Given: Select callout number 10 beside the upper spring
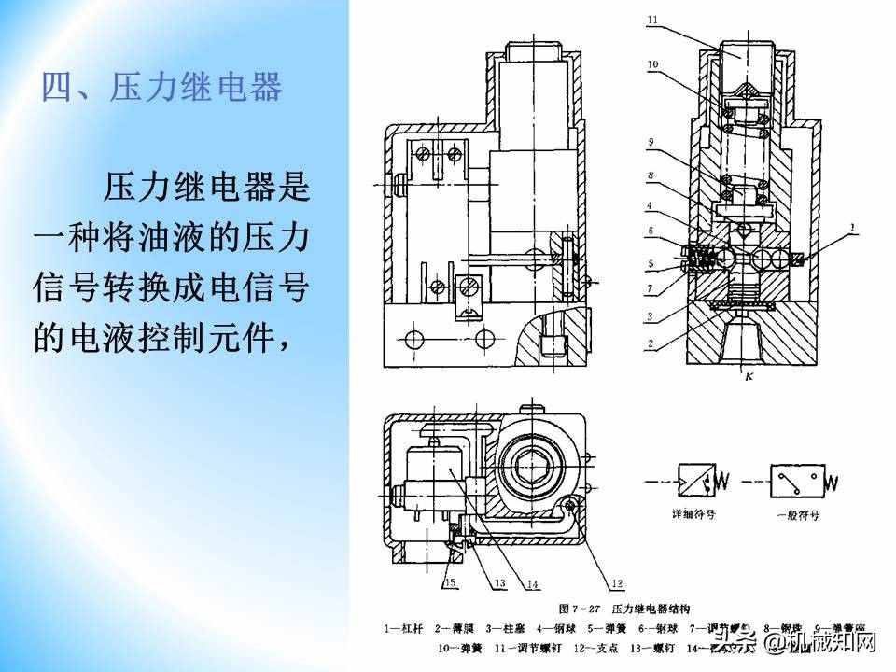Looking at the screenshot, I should click(x=654, y=64).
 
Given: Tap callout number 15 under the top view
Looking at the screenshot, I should click(x=451, y=583).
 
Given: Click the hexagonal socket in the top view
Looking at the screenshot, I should click(x=533, y=460).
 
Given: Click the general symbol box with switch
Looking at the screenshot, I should click(x=796, y=483).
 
